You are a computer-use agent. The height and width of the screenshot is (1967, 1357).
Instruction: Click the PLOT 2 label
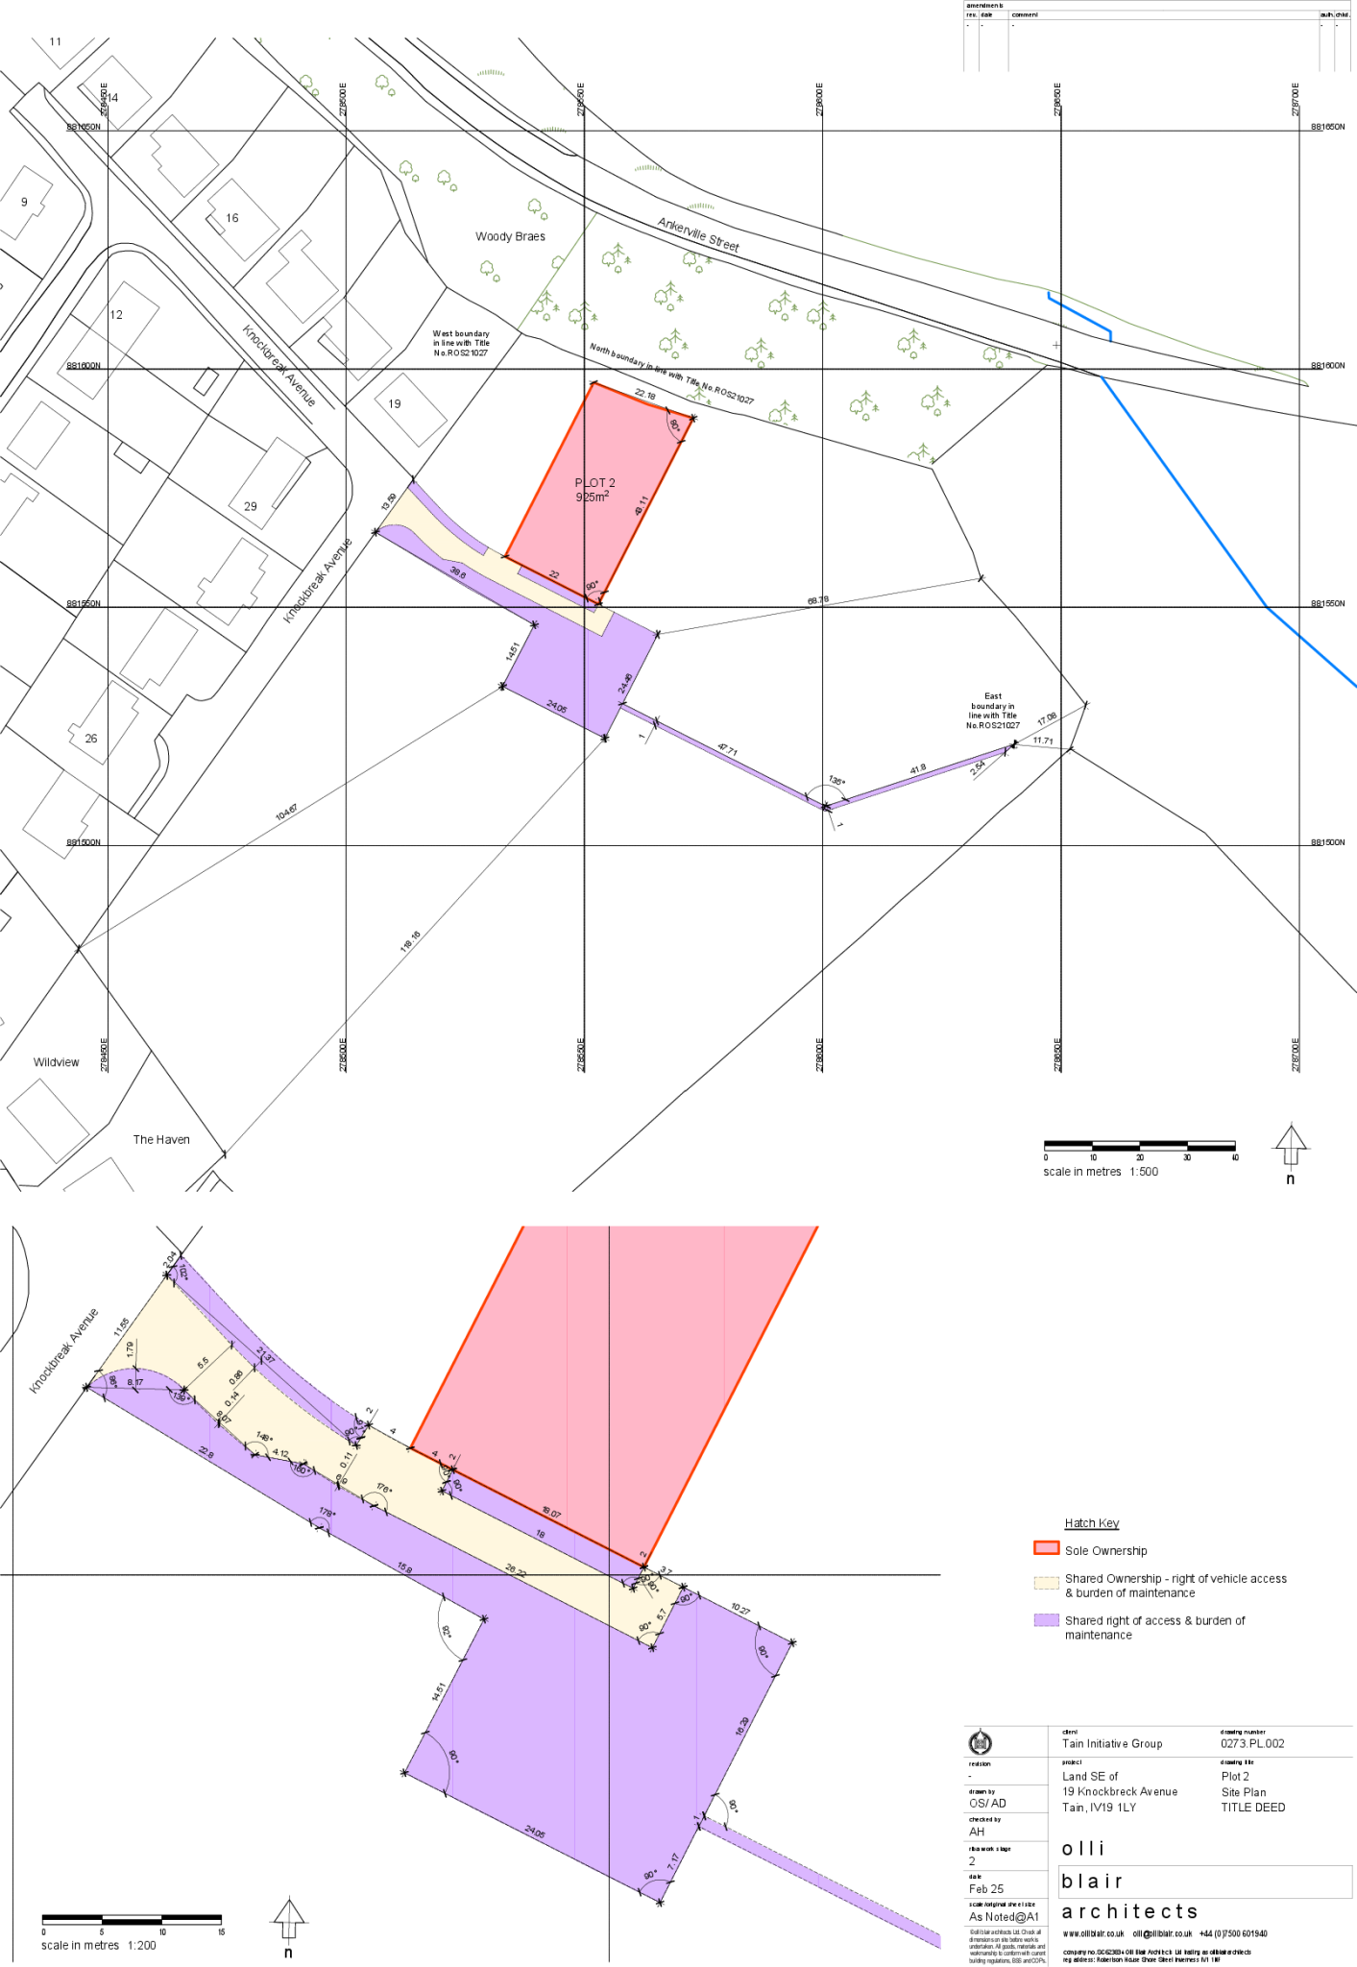coord(594,483)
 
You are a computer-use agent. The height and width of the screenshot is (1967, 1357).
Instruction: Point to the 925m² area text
coord(592,497)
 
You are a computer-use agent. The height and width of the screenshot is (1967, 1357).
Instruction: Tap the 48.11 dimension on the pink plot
coord(642,506)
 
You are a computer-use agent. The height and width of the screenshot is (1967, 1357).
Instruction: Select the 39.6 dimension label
coord(457,573)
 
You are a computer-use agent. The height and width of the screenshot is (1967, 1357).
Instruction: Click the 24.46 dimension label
coord(625,683)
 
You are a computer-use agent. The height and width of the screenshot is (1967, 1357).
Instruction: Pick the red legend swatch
coord(1046,1547)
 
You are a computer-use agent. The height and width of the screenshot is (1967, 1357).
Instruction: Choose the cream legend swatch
coord(1046,1583)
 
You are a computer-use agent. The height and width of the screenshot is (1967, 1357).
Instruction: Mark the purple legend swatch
coord(1046,1619)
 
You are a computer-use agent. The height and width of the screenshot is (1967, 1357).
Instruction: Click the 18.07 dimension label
coord(550,1514)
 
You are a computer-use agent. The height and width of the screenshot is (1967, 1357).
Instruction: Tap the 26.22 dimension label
coord(516,1571)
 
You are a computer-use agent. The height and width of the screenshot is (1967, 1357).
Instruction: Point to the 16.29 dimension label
coord(741,1726)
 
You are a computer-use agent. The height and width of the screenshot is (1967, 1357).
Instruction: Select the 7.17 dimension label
coord(674,1859)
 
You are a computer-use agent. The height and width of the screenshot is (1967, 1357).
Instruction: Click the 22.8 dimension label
coord(206,1452)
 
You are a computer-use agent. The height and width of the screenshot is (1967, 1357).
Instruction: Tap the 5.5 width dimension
coord(203,1363)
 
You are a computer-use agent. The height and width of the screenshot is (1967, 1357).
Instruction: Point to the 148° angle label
coord(264,1437)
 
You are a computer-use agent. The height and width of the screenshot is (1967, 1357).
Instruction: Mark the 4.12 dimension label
coord(280,1453)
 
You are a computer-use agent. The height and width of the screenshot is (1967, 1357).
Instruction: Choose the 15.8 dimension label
coord(404,1568)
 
